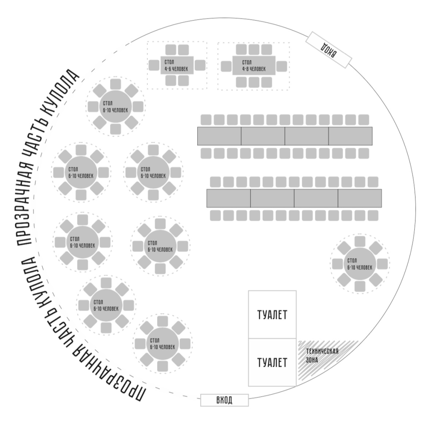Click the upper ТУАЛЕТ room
(272, 315)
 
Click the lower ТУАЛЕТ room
(272, 362)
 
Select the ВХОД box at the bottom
(224, 400)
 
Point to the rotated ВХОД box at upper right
(328, 50)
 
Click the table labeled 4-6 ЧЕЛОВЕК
(177, 65)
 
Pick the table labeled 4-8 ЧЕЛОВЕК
(254, 65)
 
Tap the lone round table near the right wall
(360, 264)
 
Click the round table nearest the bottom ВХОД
(163, 344)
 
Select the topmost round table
(115, 107)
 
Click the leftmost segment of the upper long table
(219, 136)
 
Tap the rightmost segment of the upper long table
(351, 136)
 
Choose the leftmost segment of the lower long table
(228, 198)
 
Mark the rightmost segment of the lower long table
(360, 198)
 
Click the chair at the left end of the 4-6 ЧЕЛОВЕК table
(154, 65)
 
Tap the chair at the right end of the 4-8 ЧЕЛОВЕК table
(282, 66)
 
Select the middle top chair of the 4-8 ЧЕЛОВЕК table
(254, 50)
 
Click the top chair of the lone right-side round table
(360, 241)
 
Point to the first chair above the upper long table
(206, 120)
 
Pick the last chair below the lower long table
(373, 216)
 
